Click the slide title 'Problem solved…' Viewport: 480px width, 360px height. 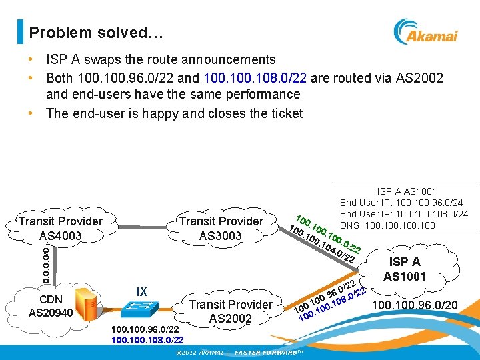pyautogui.click(x=87, y=32)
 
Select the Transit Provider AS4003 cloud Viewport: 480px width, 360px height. pyautogui.click(x=61, y=228)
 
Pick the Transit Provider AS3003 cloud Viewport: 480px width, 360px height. pyautogui.click(x=221, y=228)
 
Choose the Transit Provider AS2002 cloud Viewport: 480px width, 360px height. pyautogui.click(x=231, y=311)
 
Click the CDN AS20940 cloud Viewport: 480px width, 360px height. pyautogui.click(x=50, y=304)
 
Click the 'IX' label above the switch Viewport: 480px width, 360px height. pyautogui.click(x=141, y=292)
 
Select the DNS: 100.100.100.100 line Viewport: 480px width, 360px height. pyautogui.click(x=387, y=225)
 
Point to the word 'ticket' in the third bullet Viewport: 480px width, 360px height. pyautogui.click(x=284, y=113)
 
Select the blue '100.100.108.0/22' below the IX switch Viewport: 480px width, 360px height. pyautogui.click(x=147, y=340)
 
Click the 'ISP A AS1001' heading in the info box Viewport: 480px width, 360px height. pyautogui.click(x=407, y=191)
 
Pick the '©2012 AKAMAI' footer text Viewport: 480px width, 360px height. pyautogui.click(x=194, y=353)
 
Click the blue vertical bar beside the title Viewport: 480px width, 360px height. pyautogui.click(x=20, y=31)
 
